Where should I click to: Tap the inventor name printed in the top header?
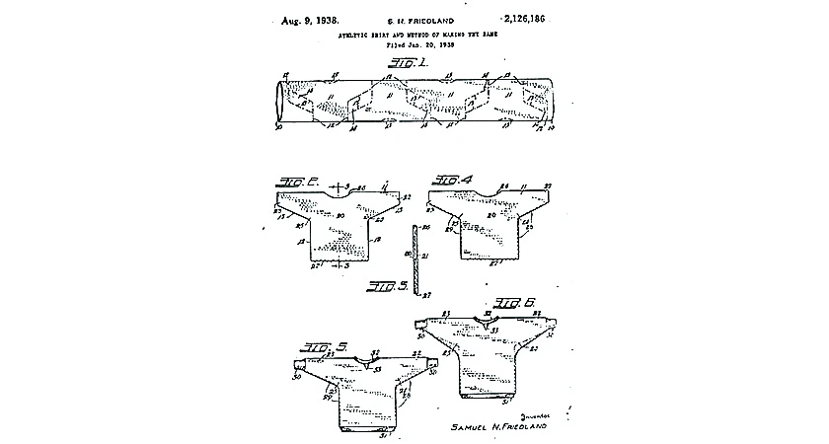(413, 20)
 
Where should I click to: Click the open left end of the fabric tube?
(279, 100)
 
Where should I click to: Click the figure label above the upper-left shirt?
(295, 182)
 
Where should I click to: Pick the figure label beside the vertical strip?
(389, 287)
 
